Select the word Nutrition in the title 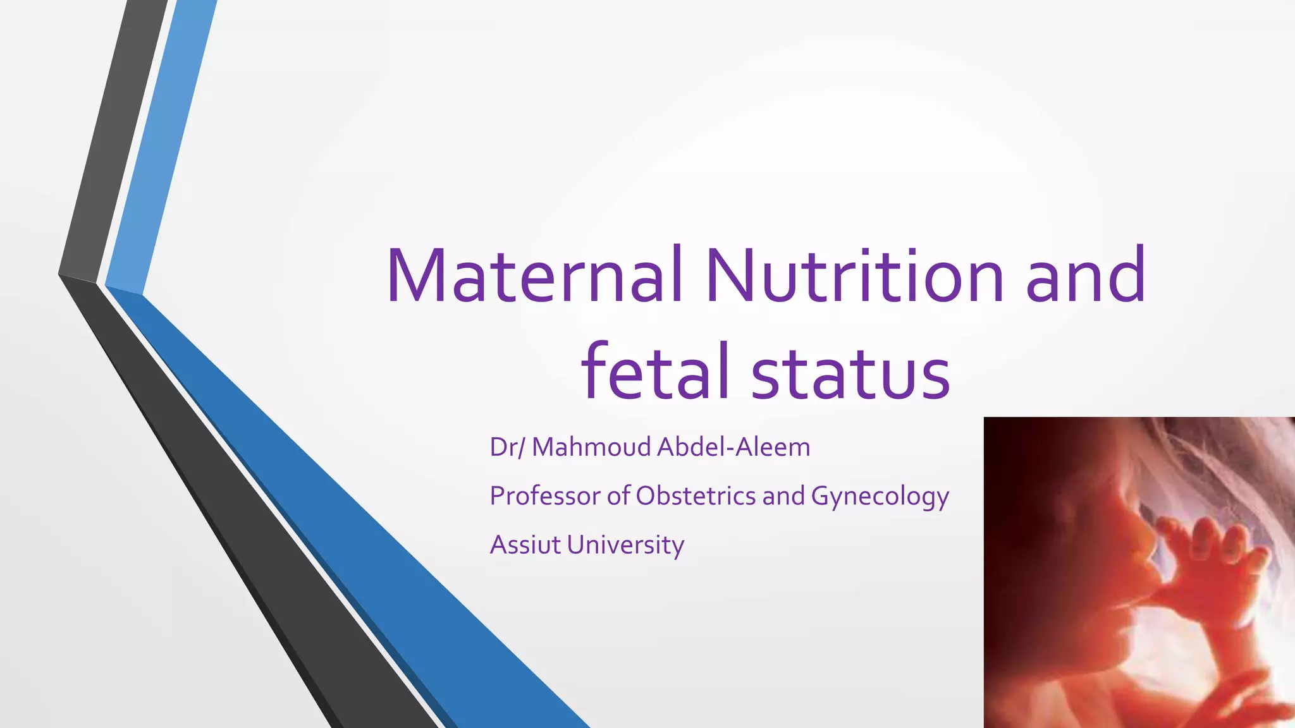[x=854, y=276]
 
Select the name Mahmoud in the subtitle [x=591, y=447]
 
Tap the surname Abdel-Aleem [x=733, y=447]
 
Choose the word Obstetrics [x=696, y=496]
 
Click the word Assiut [x=525, y=545]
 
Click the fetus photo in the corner [x=1139, y=573]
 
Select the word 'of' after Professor [x=618, y=496]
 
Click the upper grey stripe [x=114, y=139]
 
